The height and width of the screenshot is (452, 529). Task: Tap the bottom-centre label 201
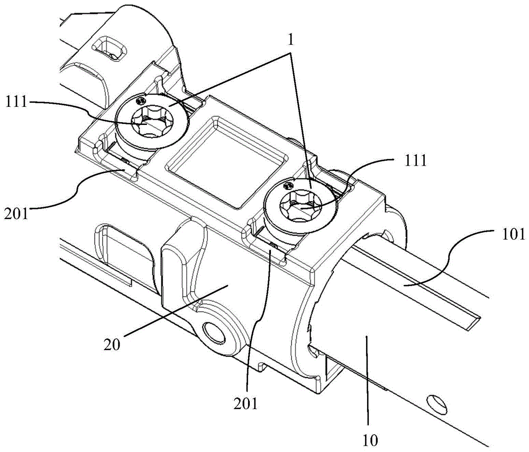click(x=247, y=405)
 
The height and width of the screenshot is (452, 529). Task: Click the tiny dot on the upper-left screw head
click(x=140, y=100)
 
